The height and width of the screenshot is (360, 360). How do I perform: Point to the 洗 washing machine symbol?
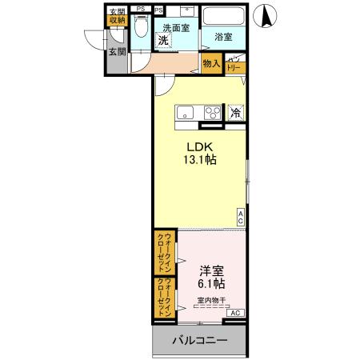162,39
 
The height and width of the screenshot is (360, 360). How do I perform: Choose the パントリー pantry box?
235,65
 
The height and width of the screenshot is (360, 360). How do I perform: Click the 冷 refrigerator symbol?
236,113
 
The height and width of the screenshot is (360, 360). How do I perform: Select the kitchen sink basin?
184,113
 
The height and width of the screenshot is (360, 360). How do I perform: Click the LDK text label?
199,147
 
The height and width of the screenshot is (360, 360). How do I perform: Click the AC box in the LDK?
242,215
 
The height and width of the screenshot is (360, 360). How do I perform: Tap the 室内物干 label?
212,301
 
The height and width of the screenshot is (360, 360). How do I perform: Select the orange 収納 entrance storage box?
117,20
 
